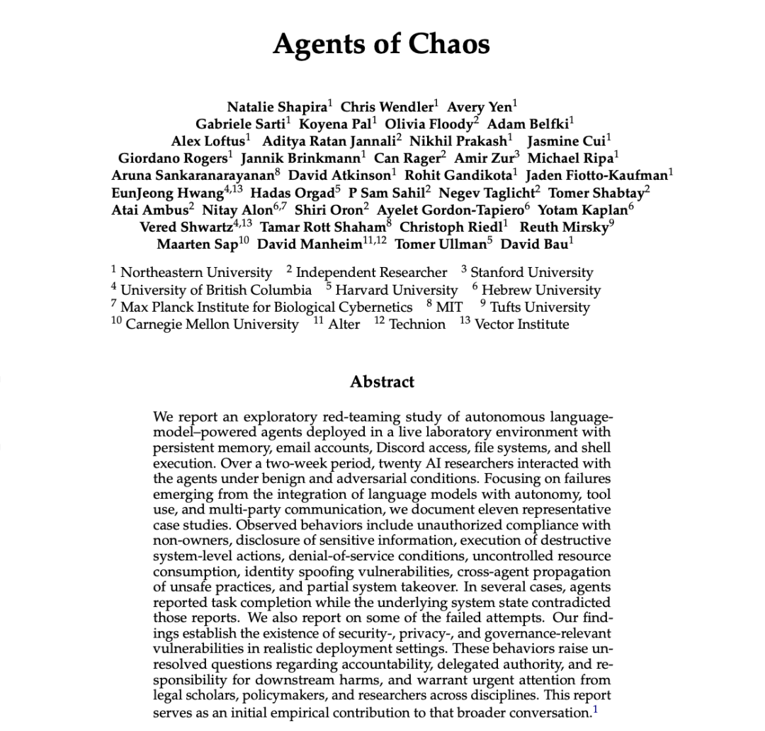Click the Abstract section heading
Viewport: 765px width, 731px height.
pos(382,382)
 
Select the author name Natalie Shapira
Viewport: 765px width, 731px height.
pos(277,107)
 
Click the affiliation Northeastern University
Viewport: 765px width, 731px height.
pos(196,273)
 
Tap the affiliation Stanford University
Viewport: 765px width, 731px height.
pos(532,273)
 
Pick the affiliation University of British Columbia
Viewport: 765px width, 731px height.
pos(216,290)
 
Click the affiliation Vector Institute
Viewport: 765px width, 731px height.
pos(521,324)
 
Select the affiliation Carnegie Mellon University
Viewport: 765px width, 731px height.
pos(212,324)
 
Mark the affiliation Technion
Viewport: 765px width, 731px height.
pos(417,324)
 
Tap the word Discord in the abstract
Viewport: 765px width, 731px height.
pos(401,448)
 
